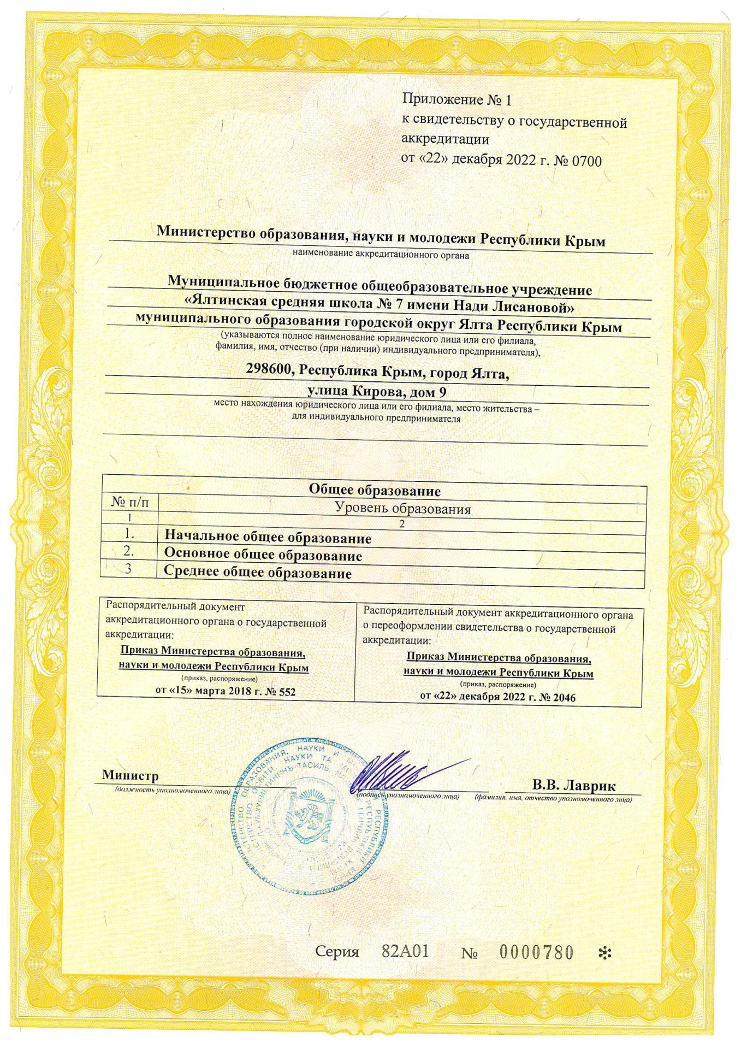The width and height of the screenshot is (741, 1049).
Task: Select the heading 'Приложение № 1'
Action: pyautogui.click(x=458, y=99)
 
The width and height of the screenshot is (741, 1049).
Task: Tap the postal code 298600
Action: pyautogui.click(x=270, y=372)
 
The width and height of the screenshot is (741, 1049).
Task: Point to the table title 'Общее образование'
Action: pyautogui.click(x=374, y=490)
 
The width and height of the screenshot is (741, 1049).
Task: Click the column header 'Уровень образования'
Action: pyautogui.click(x=402, y=509)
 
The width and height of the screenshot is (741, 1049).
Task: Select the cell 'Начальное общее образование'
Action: pyautogui.click(x=268, y=538)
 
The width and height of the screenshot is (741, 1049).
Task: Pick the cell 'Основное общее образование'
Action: pyautogui.click(x=263, y=555)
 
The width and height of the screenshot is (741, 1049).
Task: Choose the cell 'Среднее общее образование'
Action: pyautogui.click(x=258, y=573)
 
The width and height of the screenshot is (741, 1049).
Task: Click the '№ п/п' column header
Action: pyautogui.click(x=129, y=501)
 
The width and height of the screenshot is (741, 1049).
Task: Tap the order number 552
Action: pyautogui.click(x=285, y=691)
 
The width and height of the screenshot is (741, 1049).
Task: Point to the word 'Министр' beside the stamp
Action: pyautogui.click(x=130, y=775)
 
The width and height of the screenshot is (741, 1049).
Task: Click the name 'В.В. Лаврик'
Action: pyautogui.click(x=573, y=786)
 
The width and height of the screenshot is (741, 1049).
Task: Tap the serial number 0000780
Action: pyautogui.click(x=537, y=953)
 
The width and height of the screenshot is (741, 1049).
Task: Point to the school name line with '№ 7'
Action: pyautogui.click(x=380, y=307)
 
